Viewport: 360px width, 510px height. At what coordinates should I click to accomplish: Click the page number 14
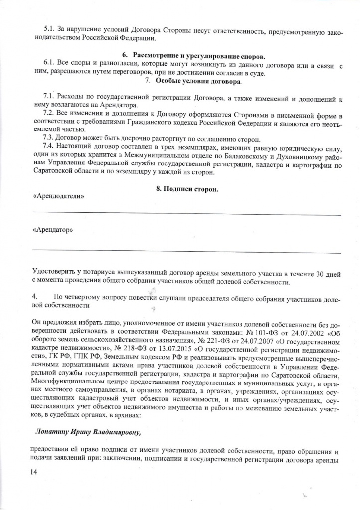click(34, 472)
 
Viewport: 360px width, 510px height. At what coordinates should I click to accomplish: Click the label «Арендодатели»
click(58, 196)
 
